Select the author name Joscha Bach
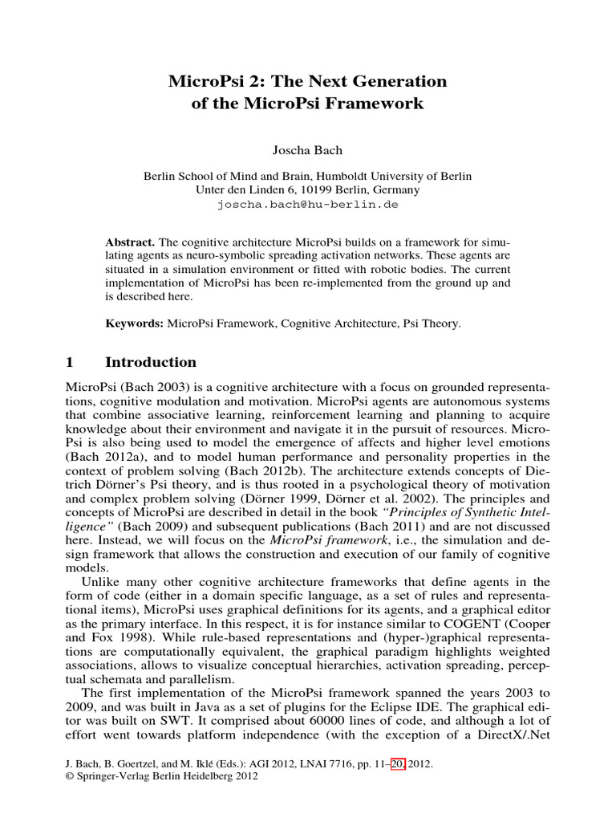(307, 149)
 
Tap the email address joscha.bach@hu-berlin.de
(307, 204)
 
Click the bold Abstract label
(131, 242)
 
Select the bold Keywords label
(134, 324)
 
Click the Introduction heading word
(162, 362)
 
